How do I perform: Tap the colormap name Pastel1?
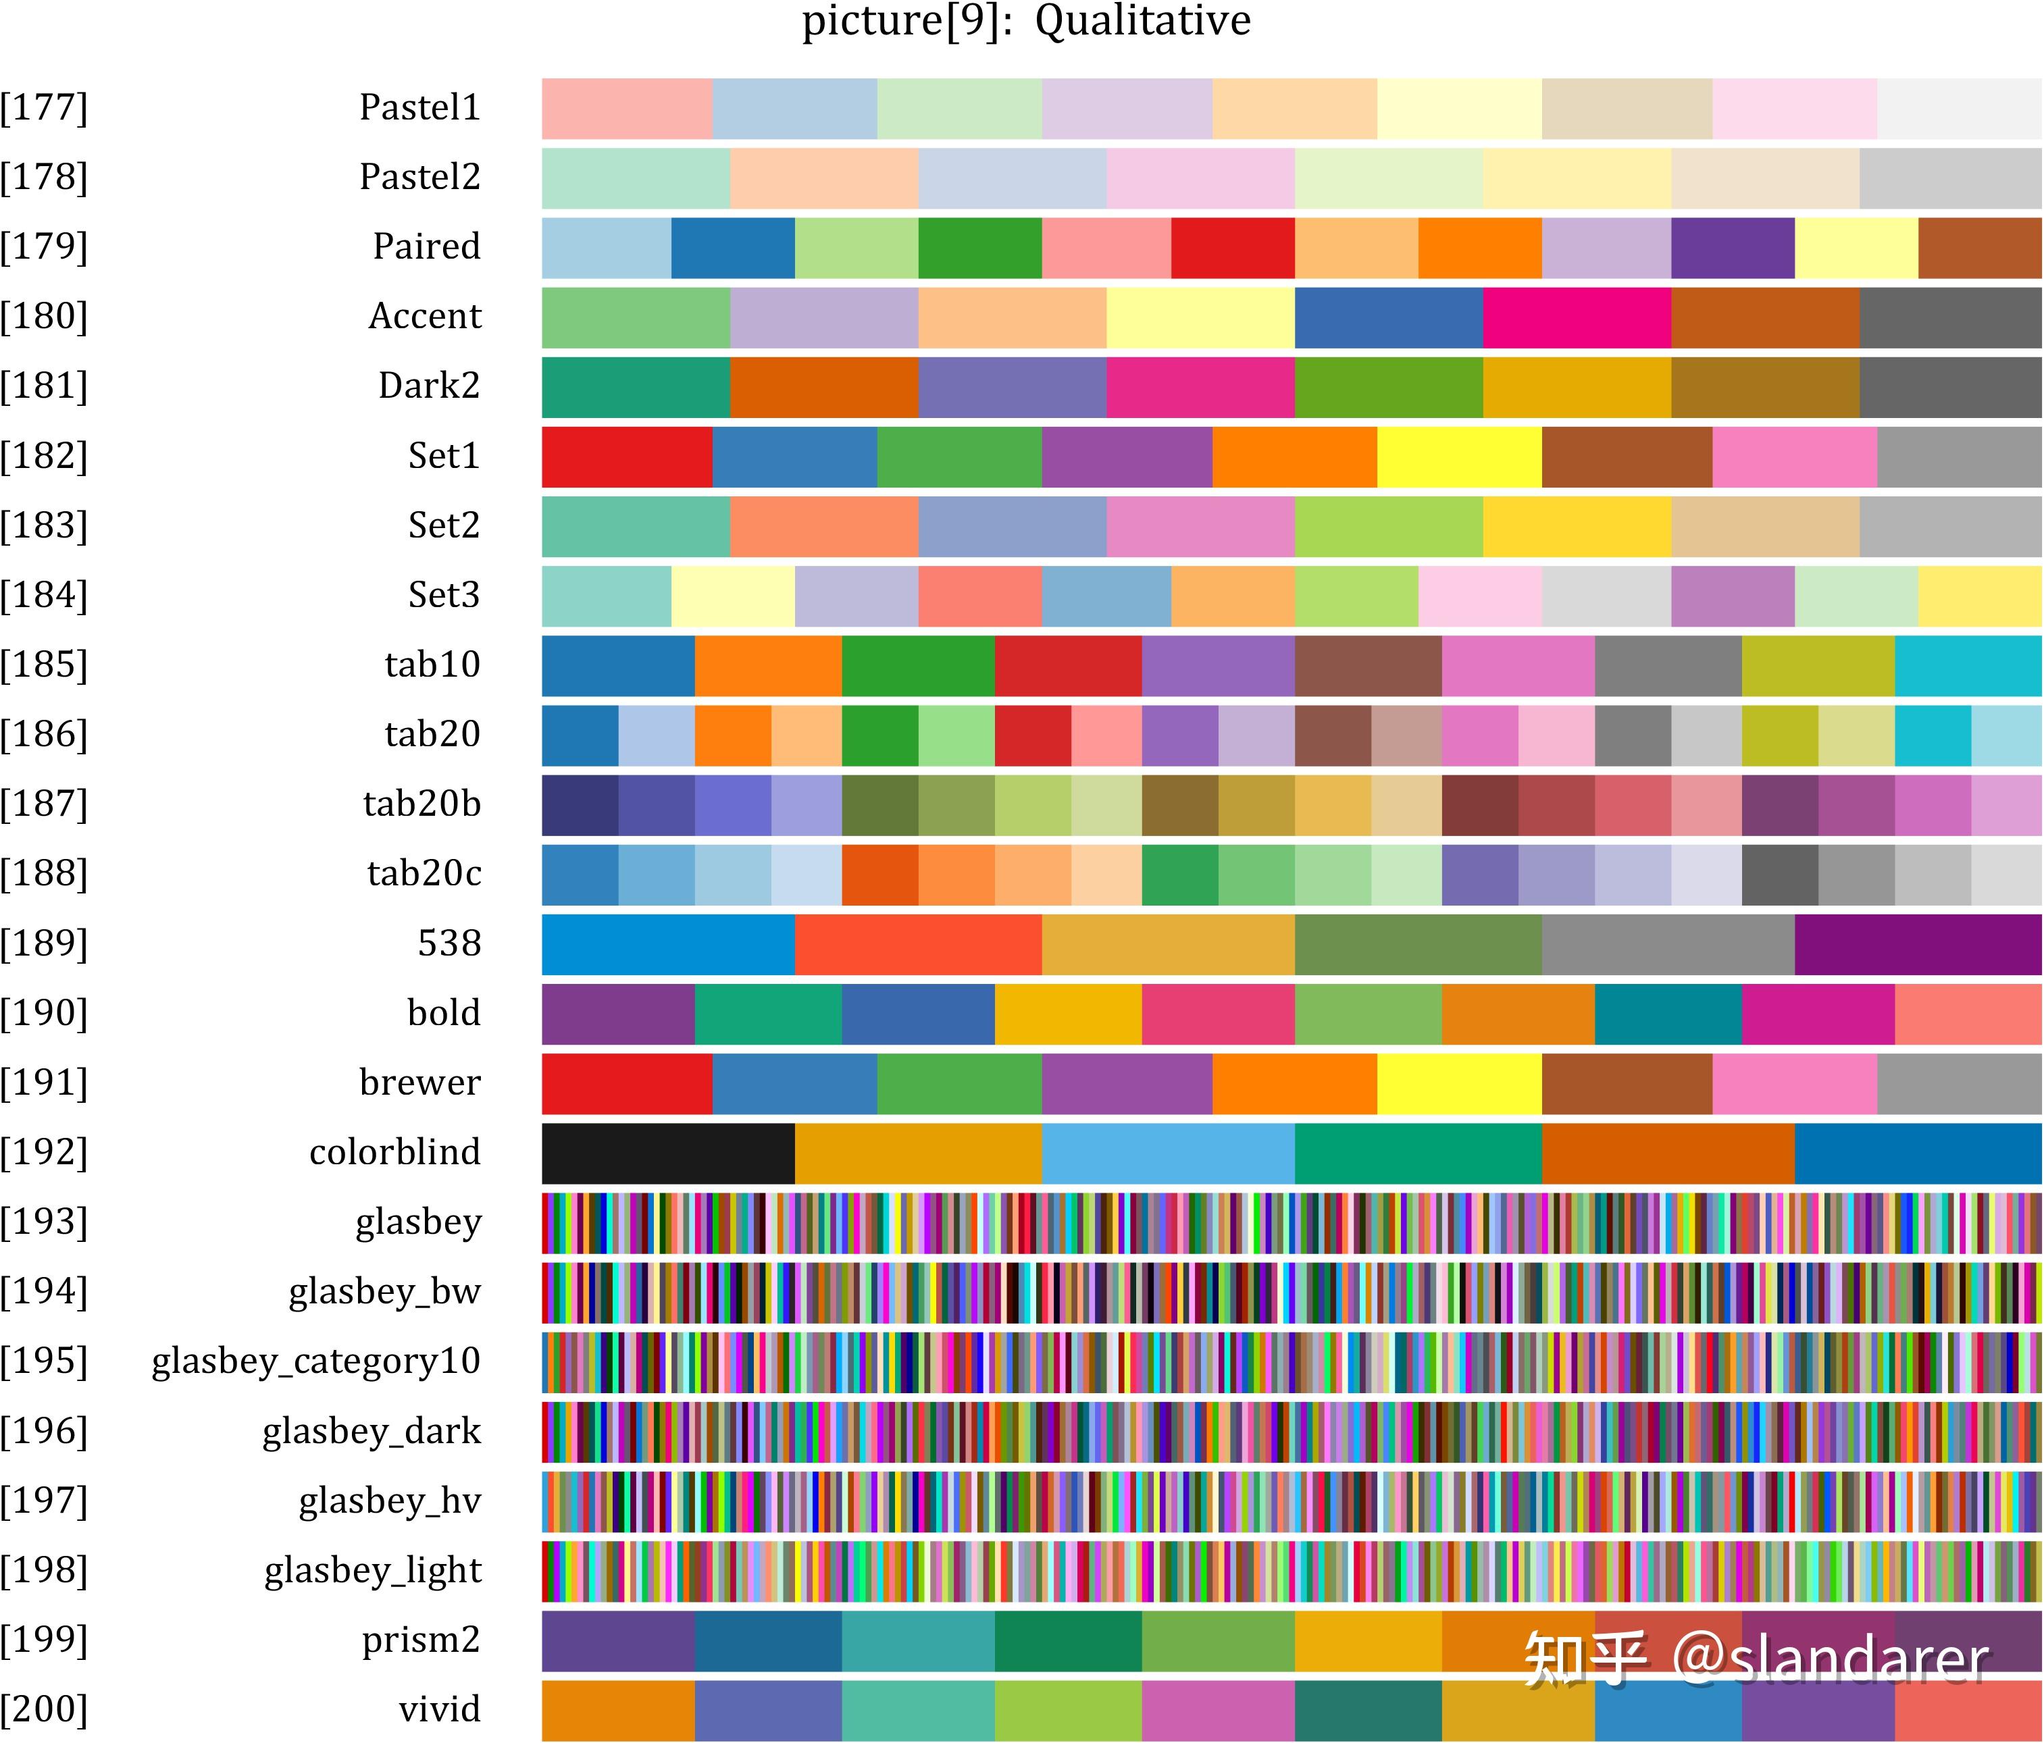point(419,107)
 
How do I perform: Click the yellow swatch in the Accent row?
point(1200,317)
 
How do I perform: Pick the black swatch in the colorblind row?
point(668,1153)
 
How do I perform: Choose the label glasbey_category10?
point(315,1361)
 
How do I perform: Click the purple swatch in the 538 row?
point(1917,944)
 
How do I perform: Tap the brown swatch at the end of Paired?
point(1979,248)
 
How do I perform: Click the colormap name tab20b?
point(422,804)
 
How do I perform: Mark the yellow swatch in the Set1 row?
point(1459,457)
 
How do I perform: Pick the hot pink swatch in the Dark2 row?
point(1200,387)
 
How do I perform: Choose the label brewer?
point(419,1083)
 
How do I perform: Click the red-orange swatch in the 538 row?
point(917,944)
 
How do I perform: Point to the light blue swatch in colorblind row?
point(1167,1153)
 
